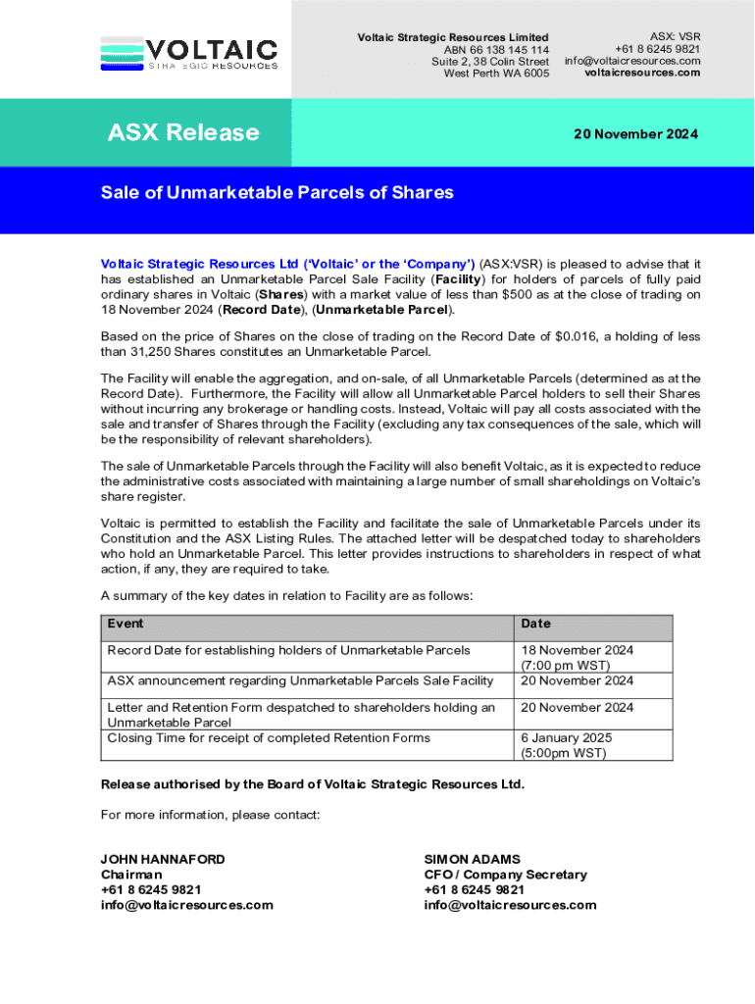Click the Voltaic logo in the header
189,53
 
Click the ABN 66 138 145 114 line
496,50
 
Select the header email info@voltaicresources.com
632,61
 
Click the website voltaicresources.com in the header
642,73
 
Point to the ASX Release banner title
183,132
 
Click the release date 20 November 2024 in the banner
635,134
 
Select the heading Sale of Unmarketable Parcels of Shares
277,192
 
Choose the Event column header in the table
126,624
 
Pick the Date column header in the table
536,624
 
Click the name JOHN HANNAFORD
163,859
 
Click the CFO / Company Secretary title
505,875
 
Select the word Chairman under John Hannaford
131,875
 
